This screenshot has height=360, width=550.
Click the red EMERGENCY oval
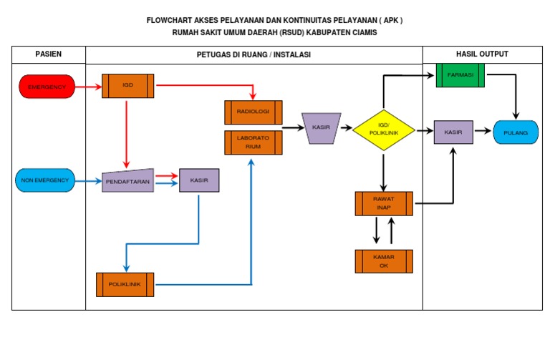[47, 87]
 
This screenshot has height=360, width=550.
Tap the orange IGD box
[127, 86]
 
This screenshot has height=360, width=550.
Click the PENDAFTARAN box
[127, 181]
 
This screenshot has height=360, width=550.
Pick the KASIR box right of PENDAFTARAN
[199, 180]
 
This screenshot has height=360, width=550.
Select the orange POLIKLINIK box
[125, 284]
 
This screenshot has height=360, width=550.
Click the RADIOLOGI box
[254, 112]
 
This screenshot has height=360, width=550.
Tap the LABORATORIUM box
[254, 142]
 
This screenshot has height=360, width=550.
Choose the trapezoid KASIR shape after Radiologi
[320, 127]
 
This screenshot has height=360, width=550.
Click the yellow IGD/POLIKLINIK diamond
[384, 130]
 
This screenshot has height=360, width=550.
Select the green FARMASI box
[460, 75]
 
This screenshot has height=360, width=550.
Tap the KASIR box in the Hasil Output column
[453, 132]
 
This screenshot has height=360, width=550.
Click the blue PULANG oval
[516, 132]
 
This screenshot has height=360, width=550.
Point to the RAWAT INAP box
[384, 203]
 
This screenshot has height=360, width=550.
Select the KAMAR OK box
[384, 261]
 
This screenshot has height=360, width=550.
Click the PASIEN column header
[49, 54]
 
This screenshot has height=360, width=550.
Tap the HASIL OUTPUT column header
[482, 54]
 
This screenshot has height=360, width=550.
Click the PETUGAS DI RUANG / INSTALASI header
[254, 54]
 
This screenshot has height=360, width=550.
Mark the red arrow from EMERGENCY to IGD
[88, 87]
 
